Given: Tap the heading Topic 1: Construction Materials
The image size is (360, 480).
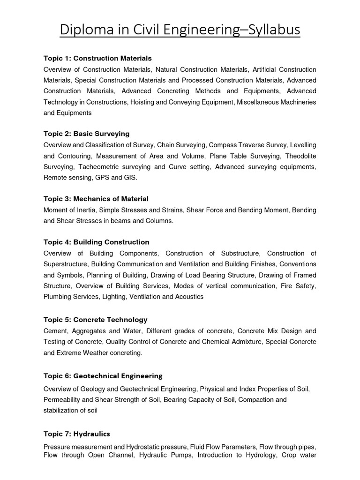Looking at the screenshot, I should click(x=97, y=59).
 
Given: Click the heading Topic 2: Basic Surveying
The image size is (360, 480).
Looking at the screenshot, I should click(x=86, y=134).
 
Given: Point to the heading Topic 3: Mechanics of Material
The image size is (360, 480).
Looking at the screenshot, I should click(x=96, y=199).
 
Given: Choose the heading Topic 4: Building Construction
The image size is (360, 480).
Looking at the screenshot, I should click(x=96, y=242).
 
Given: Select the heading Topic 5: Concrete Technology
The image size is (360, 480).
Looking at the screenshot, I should click(x=95, y=320).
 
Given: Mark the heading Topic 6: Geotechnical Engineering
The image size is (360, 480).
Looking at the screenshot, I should click(x=103, y=376).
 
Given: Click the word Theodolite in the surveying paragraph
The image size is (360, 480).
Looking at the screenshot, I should click(x=299, y=156).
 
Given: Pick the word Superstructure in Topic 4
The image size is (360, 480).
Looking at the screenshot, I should click(x=66, y=264).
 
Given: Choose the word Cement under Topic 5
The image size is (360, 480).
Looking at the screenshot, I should click(x=55, y=331).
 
